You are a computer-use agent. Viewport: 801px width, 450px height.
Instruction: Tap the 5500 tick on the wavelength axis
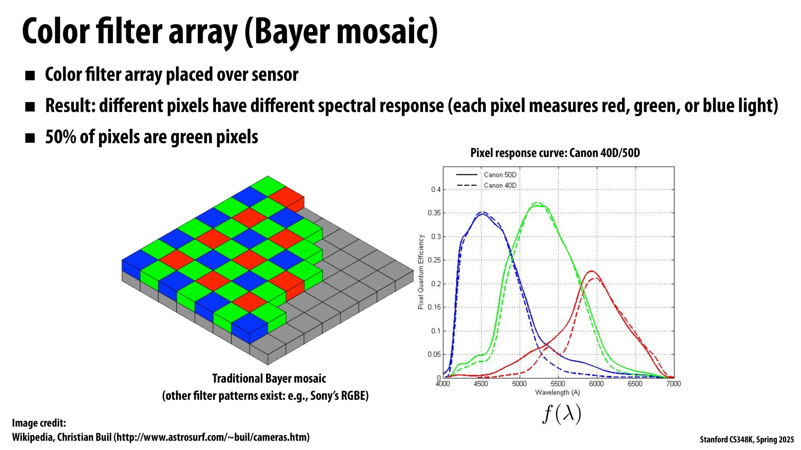[x=558, y=384]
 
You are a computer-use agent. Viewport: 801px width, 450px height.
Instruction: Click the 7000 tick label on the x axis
[x=673, y=384]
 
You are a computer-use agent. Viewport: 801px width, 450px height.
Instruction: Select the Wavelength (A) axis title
[x=558, y=393]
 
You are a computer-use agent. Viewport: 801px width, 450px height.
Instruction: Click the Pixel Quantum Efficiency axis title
[x=421, y=272]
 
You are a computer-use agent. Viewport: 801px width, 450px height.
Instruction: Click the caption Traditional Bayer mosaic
[x=269, y=378]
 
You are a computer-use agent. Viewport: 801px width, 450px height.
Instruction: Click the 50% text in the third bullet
[x=60, y=137]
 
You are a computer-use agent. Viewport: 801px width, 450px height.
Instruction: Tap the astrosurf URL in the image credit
[x=212, y=437]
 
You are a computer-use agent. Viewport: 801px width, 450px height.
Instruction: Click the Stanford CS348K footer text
[x=747, y=439]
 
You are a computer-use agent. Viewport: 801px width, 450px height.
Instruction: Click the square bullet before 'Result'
[x=30, y=107]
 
